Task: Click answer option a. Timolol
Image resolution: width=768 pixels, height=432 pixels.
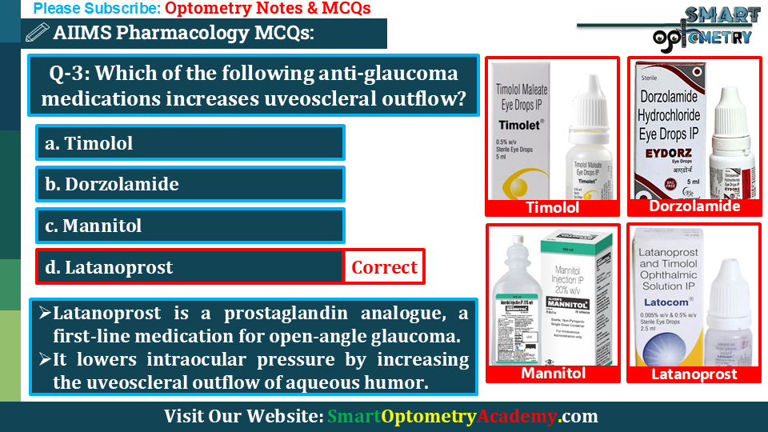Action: (190, 143)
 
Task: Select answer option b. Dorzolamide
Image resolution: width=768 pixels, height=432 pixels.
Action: (190, 184)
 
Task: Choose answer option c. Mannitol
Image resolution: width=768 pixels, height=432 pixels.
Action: (190, 226)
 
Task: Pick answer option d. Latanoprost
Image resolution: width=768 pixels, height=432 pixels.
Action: (190, 267)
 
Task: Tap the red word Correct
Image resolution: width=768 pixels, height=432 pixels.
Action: (384, 267)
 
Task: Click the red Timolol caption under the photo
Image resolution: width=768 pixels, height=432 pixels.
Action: (552, 208)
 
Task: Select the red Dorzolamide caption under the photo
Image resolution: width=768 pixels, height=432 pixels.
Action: (694, 206)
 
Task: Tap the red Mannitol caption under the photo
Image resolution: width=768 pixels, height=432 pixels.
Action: (553, 374)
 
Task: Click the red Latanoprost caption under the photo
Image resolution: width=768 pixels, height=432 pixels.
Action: (694, 374)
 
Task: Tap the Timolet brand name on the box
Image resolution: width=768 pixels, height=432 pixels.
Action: (520, 126)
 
